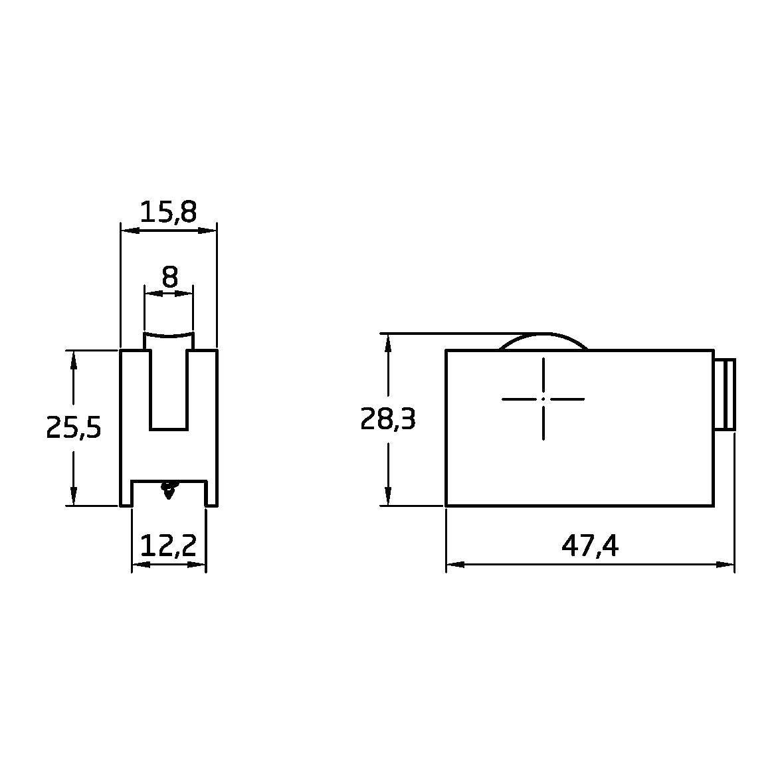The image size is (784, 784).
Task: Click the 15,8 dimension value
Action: [168, 212]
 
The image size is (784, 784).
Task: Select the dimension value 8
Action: [170, 277]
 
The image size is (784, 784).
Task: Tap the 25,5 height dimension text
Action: [73, 428]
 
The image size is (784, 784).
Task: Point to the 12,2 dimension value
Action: [169, 545]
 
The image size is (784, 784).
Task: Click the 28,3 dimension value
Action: [387, 419]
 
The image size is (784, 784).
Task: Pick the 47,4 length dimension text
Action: [589, 545]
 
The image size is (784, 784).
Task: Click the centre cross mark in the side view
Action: [543, 399]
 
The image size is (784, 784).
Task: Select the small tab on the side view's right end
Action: [726, 394]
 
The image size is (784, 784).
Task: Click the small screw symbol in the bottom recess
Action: [169, 489]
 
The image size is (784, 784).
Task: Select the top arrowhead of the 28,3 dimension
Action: [387, 342]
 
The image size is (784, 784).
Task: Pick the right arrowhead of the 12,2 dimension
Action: [199, 565]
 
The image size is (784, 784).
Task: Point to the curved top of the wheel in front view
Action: [169, 334]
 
